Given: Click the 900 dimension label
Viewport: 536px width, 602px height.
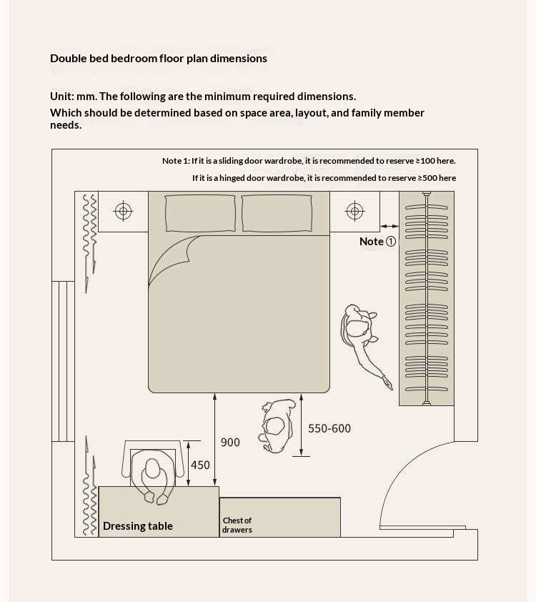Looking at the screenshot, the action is coord(230,443).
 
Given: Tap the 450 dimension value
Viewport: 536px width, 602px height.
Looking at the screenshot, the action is coord(200,465).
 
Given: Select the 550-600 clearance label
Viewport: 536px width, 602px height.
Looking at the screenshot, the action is coord(329,428).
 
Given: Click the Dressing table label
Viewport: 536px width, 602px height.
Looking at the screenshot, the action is coord(138,526).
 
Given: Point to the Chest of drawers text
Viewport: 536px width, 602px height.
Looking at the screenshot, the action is coord(237,525).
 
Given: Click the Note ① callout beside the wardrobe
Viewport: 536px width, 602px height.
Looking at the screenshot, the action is coord(377,242).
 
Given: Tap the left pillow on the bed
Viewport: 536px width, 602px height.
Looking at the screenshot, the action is coord(200,214).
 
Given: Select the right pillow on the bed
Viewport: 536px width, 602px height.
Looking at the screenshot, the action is coord(277,214).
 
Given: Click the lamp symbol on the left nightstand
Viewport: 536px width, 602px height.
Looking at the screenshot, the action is coord(123,211).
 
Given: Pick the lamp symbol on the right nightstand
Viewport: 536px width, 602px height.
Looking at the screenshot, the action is coord(355,211).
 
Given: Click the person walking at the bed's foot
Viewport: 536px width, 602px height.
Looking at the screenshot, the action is coord(277,426).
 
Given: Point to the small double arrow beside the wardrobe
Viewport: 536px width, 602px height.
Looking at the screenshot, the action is coord(389,226).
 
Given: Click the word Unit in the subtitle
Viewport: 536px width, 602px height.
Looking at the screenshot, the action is coord(61,97).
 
